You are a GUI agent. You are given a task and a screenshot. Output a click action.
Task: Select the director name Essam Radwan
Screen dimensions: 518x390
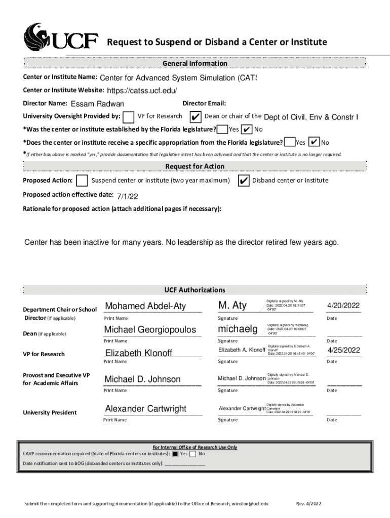97,104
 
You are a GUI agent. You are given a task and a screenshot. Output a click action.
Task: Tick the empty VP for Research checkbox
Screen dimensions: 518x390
129,117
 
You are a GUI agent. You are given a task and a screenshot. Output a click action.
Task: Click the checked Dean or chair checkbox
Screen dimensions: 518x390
194,117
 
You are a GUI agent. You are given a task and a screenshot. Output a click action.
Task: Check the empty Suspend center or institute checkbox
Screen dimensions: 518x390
82,181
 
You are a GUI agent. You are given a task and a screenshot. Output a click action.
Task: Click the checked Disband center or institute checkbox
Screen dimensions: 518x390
243,181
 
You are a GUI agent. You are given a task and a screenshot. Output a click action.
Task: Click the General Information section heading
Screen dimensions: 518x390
194,63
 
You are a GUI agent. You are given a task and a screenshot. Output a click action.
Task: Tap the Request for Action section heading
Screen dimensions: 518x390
194,166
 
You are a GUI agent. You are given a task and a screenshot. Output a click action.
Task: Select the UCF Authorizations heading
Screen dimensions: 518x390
194,290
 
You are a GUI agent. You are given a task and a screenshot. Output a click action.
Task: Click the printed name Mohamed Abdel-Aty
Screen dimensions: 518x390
145,306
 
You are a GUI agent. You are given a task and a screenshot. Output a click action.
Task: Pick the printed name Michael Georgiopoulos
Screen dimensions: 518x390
150,330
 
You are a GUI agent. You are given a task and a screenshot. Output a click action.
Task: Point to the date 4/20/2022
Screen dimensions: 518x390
343,306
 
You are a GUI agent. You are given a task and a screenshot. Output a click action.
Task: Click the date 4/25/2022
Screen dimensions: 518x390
343,350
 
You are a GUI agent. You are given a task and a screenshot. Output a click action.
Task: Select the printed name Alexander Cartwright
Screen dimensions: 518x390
145,409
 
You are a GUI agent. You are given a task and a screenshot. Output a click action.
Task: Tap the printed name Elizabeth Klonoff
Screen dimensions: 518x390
139,353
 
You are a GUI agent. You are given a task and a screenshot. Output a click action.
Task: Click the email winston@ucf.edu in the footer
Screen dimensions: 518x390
250,504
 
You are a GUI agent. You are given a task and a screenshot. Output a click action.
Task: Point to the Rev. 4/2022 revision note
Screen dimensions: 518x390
308,504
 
